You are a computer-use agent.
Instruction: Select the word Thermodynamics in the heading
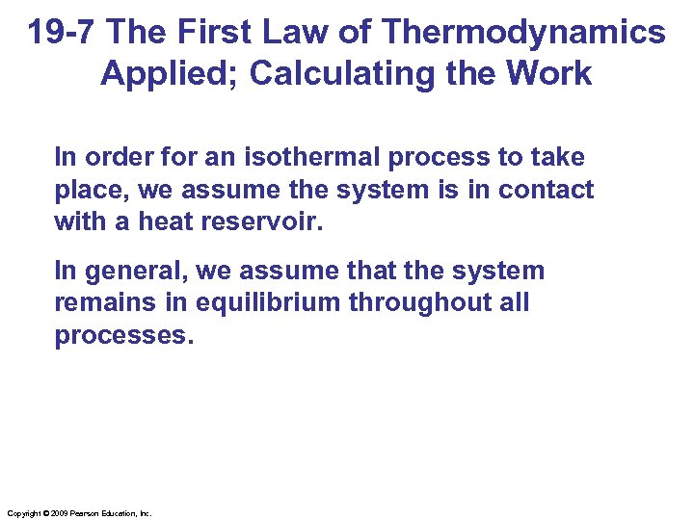pyautogui.click(x=523, y=33)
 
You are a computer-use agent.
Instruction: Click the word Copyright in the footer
pyautogui.click(x=22, y=514)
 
